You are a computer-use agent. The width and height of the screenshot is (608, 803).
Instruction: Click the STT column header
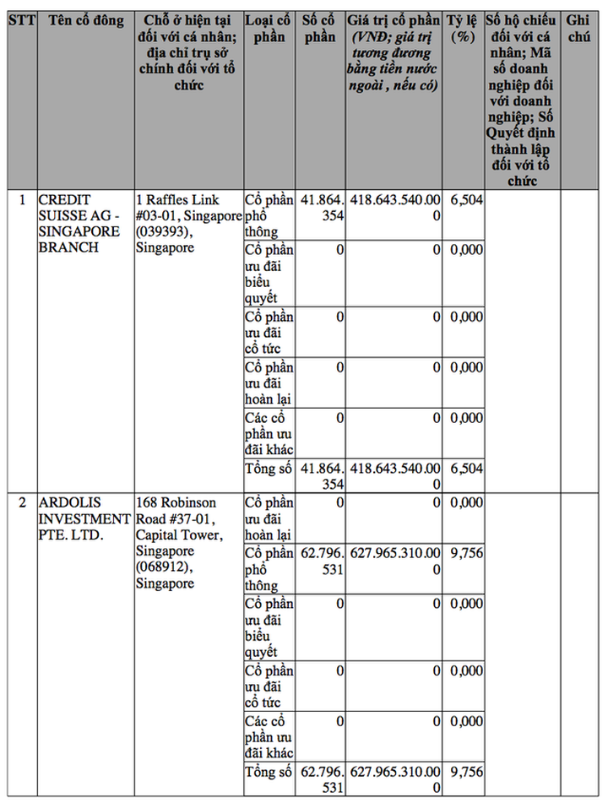(21, 19)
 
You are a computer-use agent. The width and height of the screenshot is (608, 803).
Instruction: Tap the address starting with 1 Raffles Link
(187, 224)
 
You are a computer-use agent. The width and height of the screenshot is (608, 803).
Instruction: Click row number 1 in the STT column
(21, 200)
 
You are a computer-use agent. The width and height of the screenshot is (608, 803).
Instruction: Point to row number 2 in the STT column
(21, 502)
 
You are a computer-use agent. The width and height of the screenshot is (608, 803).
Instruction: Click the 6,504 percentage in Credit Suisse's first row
(466, 200)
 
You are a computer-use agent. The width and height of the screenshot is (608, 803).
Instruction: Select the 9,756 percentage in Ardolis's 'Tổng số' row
(466, 771)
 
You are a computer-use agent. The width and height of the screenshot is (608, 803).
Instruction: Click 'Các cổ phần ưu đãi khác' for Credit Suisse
(269, 433)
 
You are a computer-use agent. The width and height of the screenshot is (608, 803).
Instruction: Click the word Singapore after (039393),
(166, 247)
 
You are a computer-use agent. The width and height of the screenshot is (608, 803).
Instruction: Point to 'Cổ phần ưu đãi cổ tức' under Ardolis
(269, 686)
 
